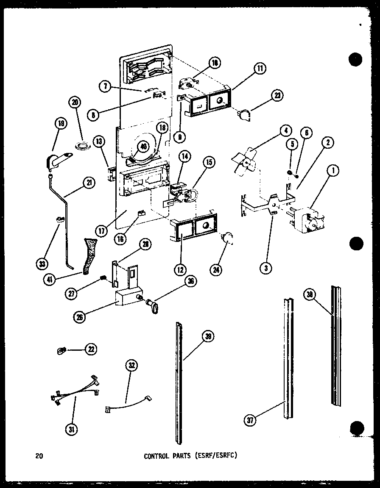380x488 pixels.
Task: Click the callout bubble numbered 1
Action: click(x=333, y=172)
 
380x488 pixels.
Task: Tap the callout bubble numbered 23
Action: click(x=278, y=95)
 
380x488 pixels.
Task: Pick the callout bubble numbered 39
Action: click(x=207, y=337)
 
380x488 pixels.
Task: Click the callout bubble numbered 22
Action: click(x=90, y=349)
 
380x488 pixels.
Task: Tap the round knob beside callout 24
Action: click(x=229, y=239)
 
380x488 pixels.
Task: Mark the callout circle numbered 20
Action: click(x=75, y=102)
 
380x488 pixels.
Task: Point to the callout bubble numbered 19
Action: click(x=61, y=124)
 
